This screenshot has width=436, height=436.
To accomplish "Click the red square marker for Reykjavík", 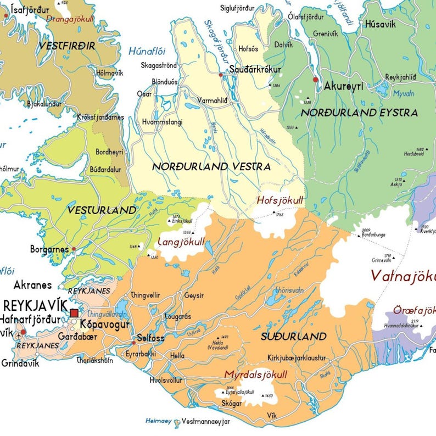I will (74, 313).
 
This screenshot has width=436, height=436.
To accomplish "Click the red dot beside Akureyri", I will (315, 80).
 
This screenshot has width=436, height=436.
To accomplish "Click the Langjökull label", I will (181, 242).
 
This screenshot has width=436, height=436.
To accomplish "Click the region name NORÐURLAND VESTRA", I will (211, 166).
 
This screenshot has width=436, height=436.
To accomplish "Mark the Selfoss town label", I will (150, 338).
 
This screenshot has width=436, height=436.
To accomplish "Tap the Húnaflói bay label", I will (146, 51).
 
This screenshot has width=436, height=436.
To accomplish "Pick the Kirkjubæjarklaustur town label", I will (296, 358).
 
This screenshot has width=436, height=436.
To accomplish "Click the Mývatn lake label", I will (404, 94).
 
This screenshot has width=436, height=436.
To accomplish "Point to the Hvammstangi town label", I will (162, 122).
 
